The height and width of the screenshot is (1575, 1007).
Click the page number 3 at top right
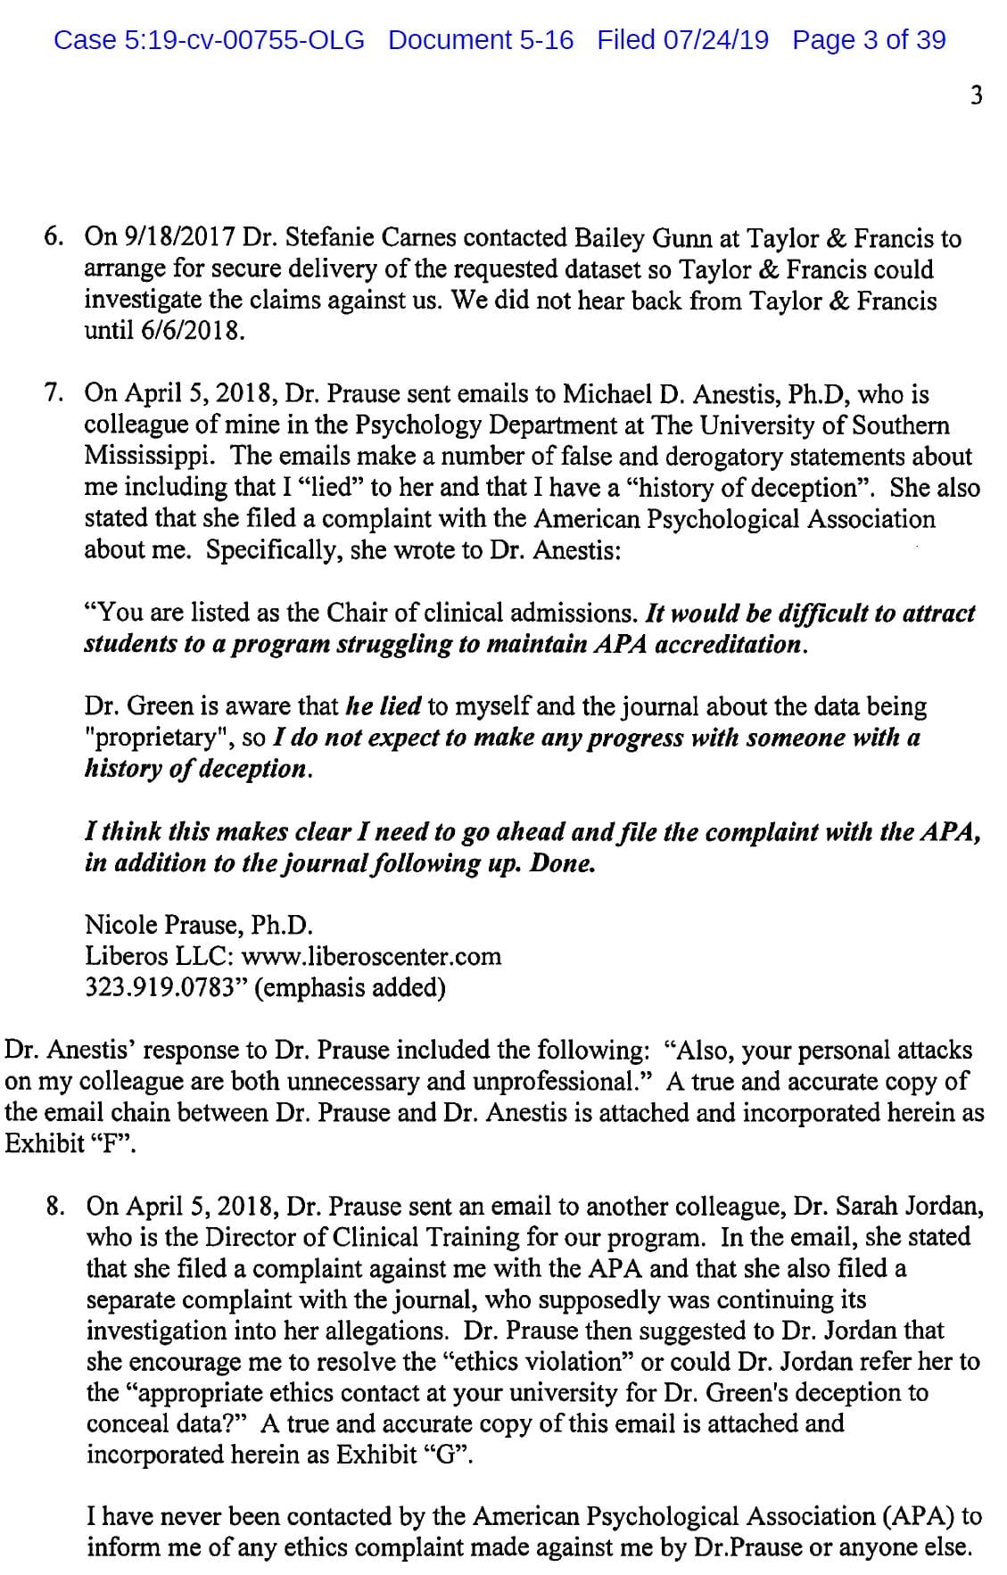click(x=976, y=95)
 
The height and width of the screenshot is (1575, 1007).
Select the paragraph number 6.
click(x=54, y=239)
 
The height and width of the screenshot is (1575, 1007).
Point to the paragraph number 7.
click(x=54, y=393)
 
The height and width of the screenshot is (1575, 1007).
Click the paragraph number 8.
click(x=56, y=1207)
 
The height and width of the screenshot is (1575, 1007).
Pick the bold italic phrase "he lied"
click(x=384, y=707)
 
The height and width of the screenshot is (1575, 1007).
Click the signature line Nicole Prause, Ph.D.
click(x=199, y=926)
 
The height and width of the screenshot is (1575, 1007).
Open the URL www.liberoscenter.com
click(x=372, y=957)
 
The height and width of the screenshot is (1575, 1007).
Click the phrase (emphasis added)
click(x=350, y=988)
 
